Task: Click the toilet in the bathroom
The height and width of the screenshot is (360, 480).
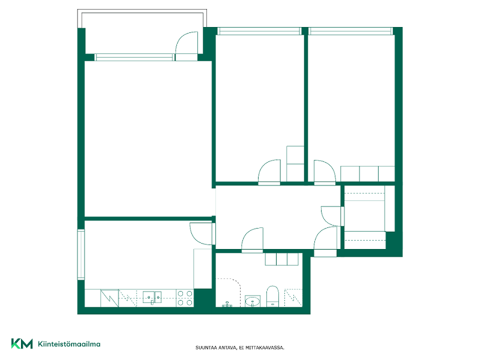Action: pyautogui.click(x=272, y=296)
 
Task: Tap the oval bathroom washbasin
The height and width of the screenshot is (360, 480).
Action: pyautogui.click(x=253, y=301)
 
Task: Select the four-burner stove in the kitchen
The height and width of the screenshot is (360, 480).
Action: pyautogui.click(x=185, y=298)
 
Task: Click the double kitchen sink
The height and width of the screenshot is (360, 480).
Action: pyautogui.click(x=152, y=297)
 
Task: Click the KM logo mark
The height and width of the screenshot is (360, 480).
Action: pyautogui.click(x=22, y=343)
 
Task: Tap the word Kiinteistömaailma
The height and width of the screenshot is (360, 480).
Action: pyautogui.click(x=69, y=344)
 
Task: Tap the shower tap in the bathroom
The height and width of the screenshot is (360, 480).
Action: pyautogui.click(x=227, y=304)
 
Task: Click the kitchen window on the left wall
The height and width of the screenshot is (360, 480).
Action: pyautogui.click(x=81, y=254)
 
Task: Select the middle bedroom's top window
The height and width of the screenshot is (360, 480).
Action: pyautogui.click(x=259, y=31)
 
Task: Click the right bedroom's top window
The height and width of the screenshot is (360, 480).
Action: pyautogui.click(x=350, y=31)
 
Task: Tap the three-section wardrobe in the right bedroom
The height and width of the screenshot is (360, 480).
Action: pyautogui.click(x=367, y=174)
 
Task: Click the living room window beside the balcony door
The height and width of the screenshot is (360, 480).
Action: pyautogui.click(x=134, y=57)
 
